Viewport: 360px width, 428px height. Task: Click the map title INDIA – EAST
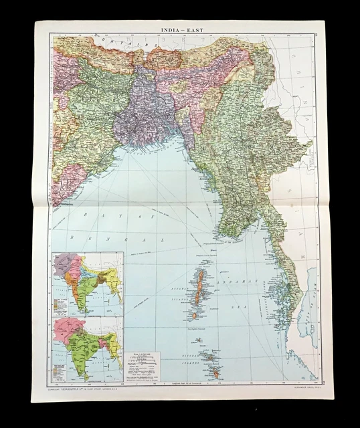tap(179, 30)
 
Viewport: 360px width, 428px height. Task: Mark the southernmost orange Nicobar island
tap(215, 374)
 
